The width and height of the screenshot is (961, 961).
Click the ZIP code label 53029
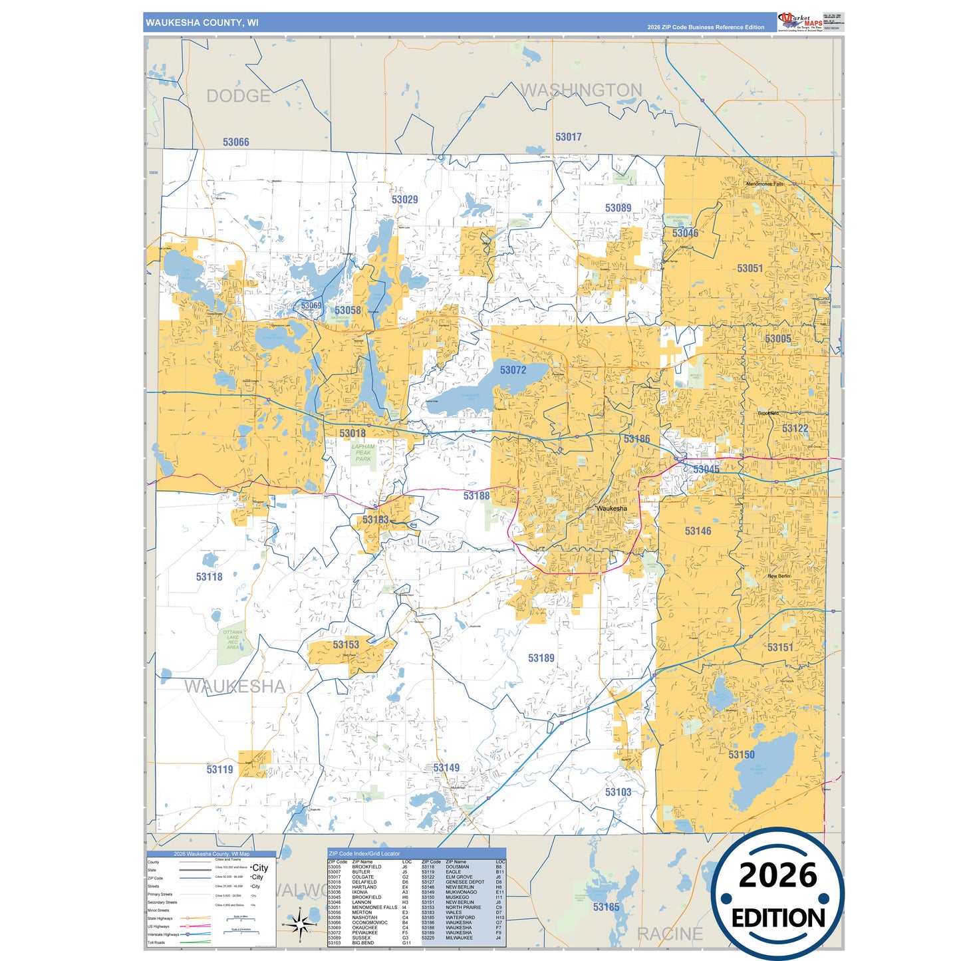404,200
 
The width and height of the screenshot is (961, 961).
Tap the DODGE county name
238,96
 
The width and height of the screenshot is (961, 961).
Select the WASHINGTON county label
581,90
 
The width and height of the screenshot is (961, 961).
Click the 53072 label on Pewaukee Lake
513,370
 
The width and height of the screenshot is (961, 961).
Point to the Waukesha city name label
611,509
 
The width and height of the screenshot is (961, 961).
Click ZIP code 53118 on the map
209,577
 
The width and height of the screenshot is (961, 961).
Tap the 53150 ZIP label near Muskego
741,754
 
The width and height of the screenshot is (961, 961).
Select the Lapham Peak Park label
363,453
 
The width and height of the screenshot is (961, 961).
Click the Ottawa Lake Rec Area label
233,640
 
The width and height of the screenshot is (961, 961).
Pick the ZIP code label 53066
235,142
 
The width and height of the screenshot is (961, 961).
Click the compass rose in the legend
299,924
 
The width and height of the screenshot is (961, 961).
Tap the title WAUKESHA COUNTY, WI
202,23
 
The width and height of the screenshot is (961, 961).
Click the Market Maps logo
800,21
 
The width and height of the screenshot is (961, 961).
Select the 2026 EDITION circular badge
777,894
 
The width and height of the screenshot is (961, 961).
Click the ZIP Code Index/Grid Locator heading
364,853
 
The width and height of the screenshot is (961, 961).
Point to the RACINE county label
669,934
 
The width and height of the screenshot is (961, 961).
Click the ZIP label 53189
541,658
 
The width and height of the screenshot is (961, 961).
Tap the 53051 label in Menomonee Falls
750,268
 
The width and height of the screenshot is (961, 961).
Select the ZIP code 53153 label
346,644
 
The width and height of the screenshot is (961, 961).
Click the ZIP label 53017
568,137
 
